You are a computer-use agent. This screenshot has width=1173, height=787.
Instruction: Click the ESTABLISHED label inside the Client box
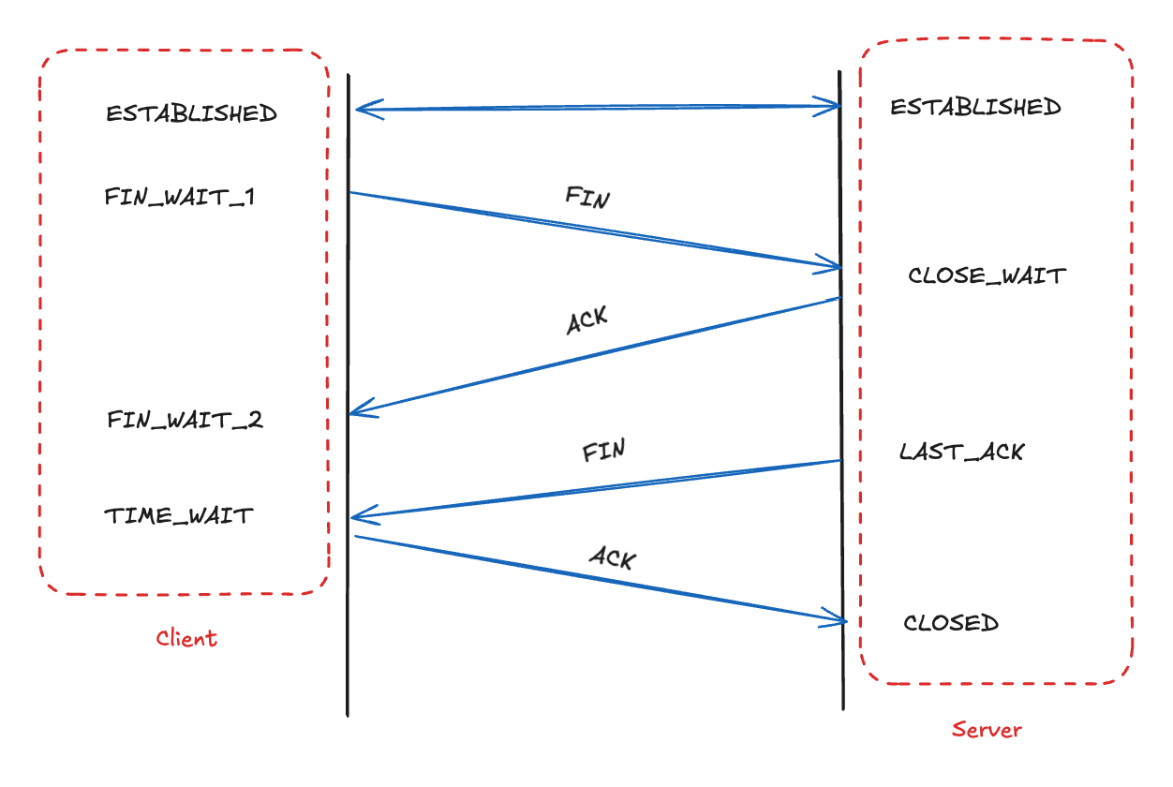(191, 113)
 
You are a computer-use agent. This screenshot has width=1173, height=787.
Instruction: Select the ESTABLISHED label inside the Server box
(975, 107)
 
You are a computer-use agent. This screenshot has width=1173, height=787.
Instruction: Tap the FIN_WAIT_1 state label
(180, 198)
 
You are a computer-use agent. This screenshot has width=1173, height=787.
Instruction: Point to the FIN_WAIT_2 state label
(185, 419)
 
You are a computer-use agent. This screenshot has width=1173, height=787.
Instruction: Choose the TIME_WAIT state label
(178, 515)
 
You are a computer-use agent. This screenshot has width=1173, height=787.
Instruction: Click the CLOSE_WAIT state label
(987, 276)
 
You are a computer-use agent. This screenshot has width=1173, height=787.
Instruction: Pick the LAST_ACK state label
(962, 452)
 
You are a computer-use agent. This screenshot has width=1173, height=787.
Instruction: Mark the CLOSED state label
(951, 623)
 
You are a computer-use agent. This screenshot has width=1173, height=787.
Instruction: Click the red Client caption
(186, 639)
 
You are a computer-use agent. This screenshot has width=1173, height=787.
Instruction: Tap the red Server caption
(987, 729)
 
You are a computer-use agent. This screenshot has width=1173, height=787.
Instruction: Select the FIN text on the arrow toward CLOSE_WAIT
(587, 198)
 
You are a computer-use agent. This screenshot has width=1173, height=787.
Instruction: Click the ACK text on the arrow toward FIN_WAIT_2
(587, 320)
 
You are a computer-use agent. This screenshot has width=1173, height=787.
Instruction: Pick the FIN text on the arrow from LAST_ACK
(604, 452)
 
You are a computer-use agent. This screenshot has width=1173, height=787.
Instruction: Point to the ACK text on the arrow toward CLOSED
(613, 558)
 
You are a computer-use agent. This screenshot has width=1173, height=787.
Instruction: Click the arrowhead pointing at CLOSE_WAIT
(831, 266)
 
